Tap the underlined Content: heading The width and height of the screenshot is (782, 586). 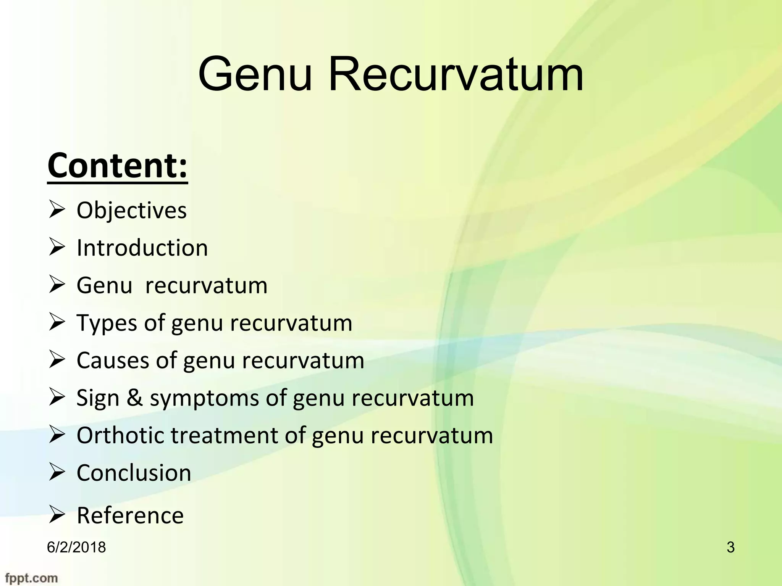(118, 166)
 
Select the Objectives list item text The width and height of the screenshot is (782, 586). (132, 211)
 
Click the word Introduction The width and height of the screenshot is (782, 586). (142, 248)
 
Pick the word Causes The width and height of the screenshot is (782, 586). (113, 361)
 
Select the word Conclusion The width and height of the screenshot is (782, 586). (134, 473)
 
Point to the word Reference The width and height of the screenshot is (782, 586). (130, 515)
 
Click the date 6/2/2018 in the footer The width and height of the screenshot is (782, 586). (76, 547)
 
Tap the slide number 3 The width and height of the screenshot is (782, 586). (730, 547)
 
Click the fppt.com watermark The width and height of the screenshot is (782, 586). (31, 578)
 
